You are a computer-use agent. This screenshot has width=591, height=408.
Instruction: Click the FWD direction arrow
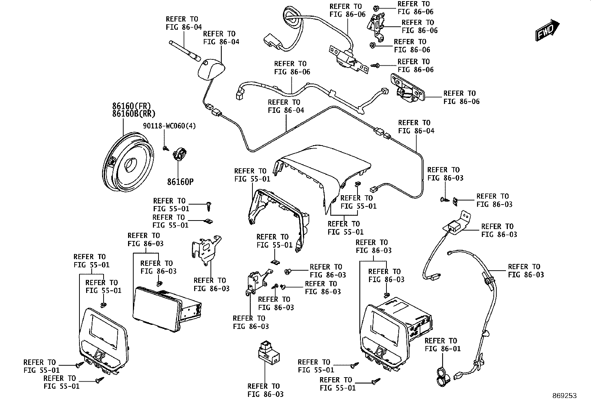point(547,30)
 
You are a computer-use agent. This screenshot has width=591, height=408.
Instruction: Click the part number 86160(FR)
point(131,106)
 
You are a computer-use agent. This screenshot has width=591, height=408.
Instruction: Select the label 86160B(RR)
point(134,114)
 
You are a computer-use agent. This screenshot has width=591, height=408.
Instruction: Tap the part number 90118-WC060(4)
point(169,126)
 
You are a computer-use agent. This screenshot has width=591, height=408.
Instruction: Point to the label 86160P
point(180,182)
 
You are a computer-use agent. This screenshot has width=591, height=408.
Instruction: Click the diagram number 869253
point(565,396)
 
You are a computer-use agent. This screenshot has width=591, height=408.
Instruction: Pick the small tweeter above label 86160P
point(180,154)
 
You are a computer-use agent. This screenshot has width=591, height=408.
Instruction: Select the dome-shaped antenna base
point(211,69)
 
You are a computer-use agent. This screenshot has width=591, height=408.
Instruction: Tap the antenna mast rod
point(185,50)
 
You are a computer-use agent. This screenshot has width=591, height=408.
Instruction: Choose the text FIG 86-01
point(443,349)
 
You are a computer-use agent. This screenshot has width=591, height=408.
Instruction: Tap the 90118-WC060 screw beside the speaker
point(166,148)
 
